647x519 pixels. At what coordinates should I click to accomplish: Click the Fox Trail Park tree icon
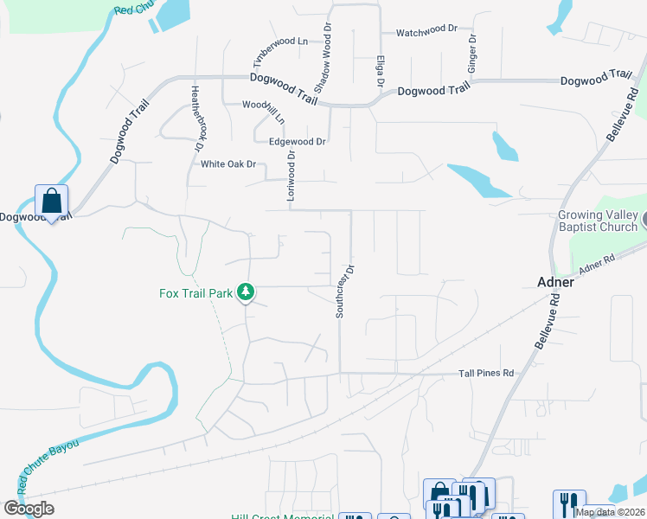click(x=247, y=292)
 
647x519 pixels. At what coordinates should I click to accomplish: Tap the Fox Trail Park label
click(x=196, y=293)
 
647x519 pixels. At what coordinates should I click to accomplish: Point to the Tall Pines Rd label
click(x=486, y=374)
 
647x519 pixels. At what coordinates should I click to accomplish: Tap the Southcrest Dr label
click(x=342, y=291)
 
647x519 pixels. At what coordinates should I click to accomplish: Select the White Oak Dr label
click(x=229, y=164)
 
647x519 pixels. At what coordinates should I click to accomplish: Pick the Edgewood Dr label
click(x=297, y=141)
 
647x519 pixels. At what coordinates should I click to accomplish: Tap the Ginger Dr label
click(x=472, y=54)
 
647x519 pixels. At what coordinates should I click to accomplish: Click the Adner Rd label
click(x=596, y=264)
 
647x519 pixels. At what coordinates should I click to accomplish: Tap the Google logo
click(x=29, y=509)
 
